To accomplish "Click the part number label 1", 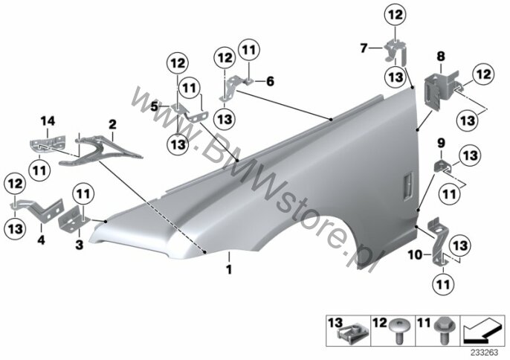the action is point(229,269).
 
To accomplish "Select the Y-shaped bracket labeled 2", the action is point(97,150).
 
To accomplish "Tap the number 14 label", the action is point(48,122).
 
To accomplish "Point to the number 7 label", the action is point(364,48).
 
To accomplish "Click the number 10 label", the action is point(415,255).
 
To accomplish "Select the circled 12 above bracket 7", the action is point(396,15).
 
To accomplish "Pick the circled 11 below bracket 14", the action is point(39,170).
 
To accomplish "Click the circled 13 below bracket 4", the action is point(16,228).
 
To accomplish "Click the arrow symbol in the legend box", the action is point(482,332).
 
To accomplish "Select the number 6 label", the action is point(270,81).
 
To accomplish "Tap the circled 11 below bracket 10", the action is point(444,284).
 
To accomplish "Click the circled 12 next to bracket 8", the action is point(483,74).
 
